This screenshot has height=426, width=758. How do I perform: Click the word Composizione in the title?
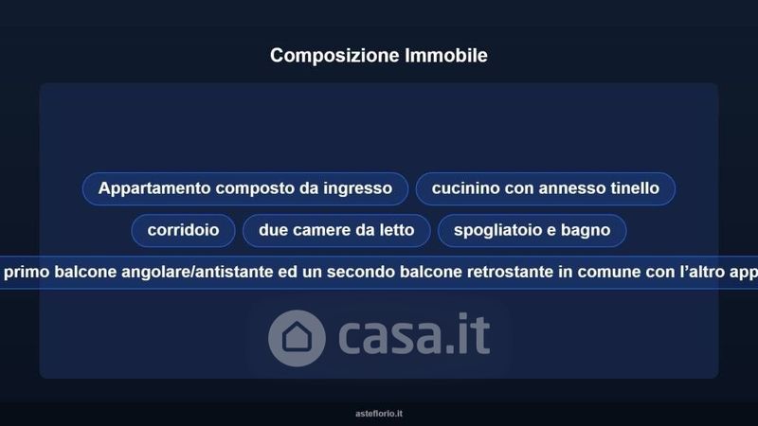334,56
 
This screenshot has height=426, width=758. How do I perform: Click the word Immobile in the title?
446,55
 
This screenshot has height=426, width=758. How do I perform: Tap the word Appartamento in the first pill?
154,188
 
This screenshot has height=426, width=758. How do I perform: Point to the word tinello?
634,187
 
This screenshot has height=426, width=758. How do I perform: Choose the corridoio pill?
183,230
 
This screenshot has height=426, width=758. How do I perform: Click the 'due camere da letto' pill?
336,230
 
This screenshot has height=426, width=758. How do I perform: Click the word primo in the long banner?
27,273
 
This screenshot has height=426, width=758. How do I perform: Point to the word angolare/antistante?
197,273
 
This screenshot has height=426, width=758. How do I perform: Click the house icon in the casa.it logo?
297,338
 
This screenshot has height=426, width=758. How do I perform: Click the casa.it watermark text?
414,334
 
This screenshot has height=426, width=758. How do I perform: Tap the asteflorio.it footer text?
379,414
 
